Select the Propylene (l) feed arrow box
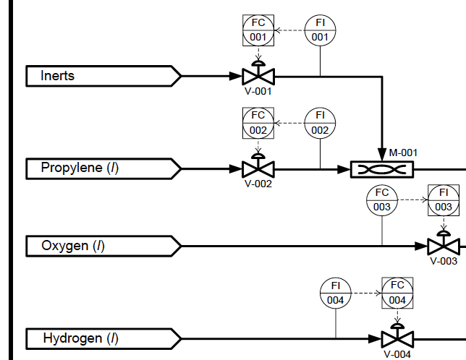102,168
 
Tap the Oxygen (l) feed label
102,246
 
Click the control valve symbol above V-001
258,75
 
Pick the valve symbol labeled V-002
258,168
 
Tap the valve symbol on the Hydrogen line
397,338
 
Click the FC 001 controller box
258,30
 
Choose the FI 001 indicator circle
320,30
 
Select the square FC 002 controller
258,123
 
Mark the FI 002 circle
320,123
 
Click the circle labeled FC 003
382,200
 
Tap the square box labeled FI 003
444,200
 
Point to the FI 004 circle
336,293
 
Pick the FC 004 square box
397,293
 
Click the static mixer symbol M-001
381,169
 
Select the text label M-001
403,153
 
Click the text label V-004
397,354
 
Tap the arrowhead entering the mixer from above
381,154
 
